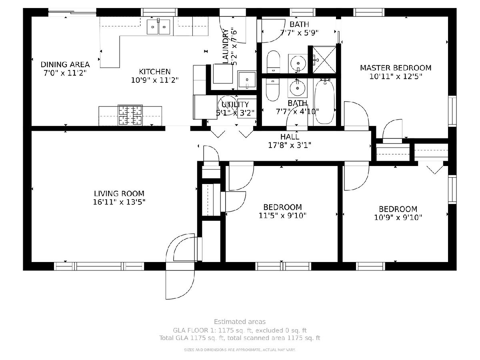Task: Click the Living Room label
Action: pos(119,194)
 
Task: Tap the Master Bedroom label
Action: pos(396,68)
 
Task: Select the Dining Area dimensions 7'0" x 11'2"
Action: pos(65,73)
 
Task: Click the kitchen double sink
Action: pos(158,27)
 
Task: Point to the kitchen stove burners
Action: pos(130,116)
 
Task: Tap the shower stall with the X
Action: pos(324,60)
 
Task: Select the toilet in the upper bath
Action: pos(273,62)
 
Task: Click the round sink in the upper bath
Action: pos(298,63)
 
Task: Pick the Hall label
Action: pos(290,137)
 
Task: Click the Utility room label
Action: pos(235,104)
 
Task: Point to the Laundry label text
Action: pos(226,47)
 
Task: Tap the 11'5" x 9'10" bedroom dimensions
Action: pos(282,216)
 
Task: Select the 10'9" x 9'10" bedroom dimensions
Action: pos(398,218)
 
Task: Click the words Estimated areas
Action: pos(240,322)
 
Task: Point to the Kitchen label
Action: pos(155,72)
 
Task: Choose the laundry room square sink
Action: pos(247,80)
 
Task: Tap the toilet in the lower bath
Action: pos(272,90)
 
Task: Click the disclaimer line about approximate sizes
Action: pos(240,350)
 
